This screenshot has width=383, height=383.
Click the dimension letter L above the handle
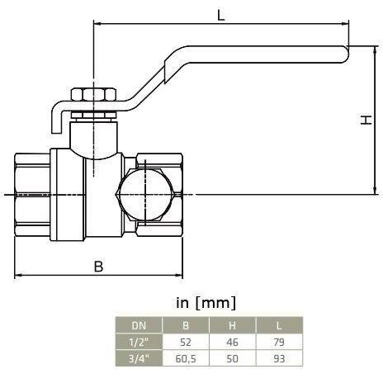point(220,14)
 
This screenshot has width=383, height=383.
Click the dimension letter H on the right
point(366,121)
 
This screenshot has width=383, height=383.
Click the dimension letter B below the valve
point(98,266)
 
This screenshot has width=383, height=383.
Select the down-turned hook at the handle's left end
point(55,117)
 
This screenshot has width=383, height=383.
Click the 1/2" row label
point(139,341)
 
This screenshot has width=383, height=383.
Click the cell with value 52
point(185,341)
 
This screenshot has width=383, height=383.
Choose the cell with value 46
point(231,341)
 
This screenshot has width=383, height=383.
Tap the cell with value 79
point(277,341)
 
